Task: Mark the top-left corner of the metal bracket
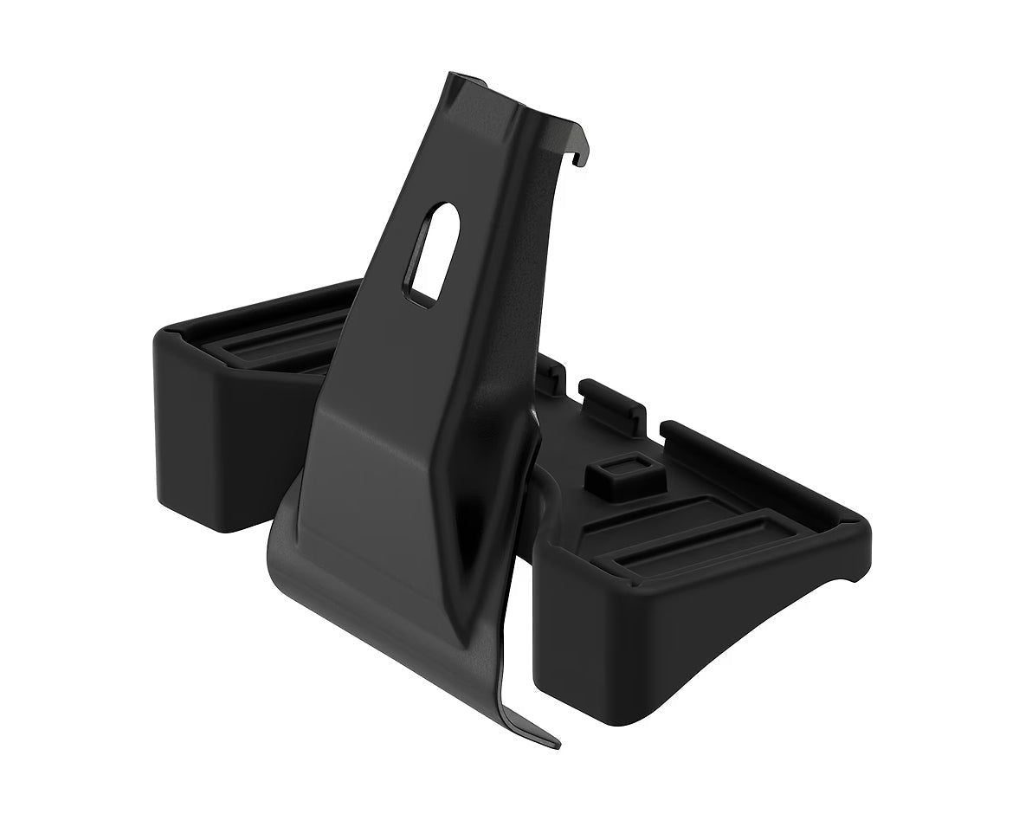pyautogui.click(x=455, y=76)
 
